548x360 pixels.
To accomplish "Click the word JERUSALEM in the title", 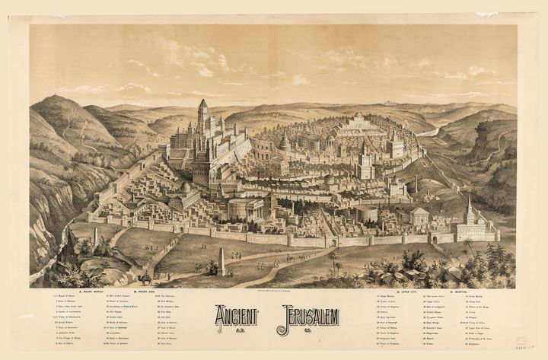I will [307, 315].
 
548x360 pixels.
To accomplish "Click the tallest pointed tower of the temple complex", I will [202, 114].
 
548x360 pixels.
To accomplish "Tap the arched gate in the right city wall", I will [435, 238].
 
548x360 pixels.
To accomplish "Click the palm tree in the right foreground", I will [333, 261].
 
